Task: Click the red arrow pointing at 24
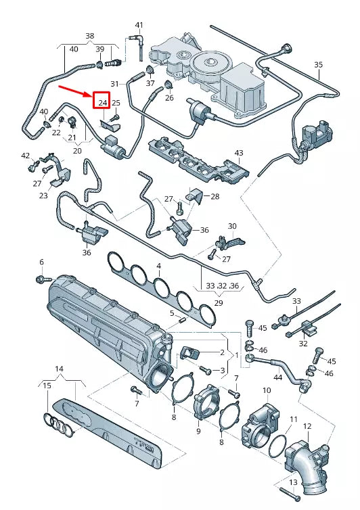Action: [75, 91]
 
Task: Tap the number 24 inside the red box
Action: [103, 103]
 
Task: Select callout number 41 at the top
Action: [139, 25]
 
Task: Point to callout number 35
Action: [318, 65]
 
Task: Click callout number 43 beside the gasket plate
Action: [240, 153]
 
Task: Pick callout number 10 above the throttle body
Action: [267, 390]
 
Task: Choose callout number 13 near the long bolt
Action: [293, 482]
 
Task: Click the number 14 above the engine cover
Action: [59, 369]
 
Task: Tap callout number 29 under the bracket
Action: [219, 303]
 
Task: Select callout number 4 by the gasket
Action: [158, 266]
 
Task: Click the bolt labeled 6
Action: [43, 279]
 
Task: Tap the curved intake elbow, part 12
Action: [307, 466]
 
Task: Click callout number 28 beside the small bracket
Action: [215, 196]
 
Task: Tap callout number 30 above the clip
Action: [232, 226]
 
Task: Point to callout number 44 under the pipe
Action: [277, 377]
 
